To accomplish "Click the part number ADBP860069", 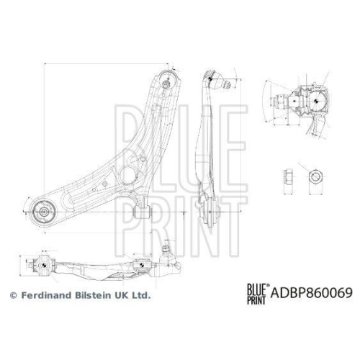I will pyautogui.click(x=312, y=294).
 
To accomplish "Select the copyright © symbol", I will pyautogui.click(x=12, y=295).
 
